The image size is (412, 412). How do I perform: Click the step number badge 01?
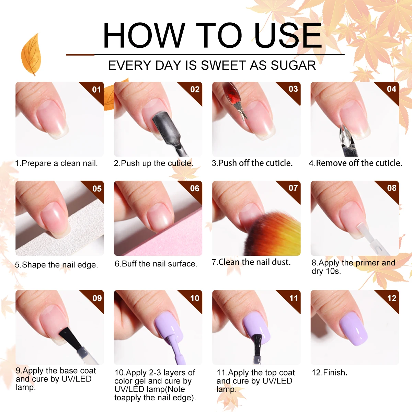point(96,90)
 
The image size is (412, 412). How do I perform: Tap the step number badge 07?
point(293,188)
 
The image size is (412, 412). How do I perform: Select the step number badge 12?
point(392,298)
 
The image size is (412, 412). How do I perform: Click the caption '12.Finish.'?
point(329,373)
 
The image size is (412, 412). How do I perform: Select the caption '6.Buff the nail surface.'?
point(156,264)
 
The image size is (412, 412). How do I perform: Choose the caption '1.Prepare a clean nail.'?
point(56,163)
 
